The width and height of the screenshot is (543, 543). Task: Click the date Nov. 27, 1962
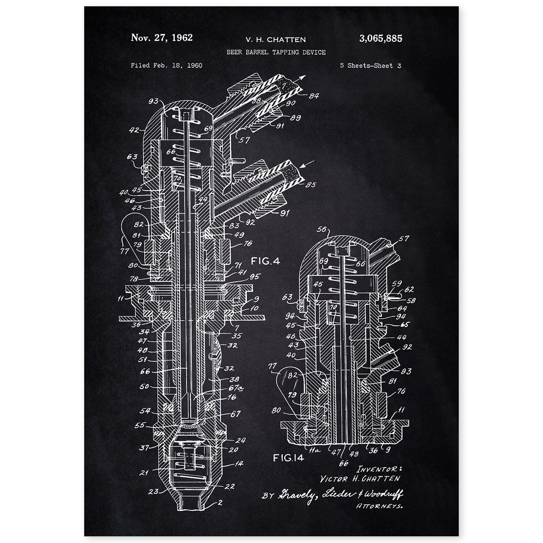pos(161,37)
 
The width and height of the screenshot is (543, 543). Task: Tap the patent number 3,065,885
pos(380,38)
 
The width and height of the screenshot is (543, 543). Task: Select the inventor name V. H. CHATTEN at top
pos(276,39)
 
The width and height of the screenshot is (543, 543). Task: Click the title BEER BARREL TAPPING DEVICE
pos(276,52)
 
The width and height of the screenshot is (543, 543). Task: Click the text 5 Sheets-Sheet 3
pos(370,66)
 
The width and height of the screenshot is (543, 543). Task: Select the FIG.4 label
pos(266,261)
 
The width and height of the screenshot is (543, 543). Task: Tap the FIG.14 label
pos(288,457)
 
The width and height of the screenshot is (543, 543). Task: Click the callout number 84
pos(314,96)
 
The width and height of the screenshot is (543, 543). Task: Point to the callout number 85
pos(311,184)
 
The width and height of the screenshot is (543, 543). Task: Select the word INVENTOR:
pos(379,468)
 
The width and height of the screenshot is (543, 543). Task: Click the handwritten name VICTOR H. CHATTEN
pos(360,479)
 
